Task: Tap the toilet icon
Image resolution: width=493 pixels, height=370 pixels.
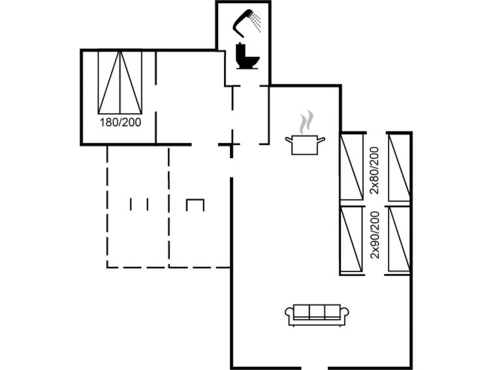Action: pyautogui.click(x=247, y=56)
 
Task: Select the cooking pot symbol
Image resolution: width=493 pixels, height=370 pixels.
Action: pyautogui.click(x=305, y=145)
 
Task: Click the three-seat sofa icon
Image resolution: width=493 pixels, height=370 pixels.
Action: pyautogui.click(x=317, y=315)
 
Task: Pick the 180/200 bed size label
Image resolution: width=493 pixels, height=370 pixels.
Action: pyautogui.click(x=120, y=122)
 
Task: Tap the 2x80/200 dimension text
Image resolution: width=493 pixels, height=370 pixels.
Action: pyautogui.click(x=374, y=171)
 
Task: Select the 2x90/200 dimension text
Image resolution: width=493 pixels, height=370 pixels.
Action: pyautogui.click(x=374, y=235)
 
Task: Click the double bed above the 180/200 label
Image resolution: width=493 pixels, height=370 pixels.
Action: pyautogui.click(x=119, y=82)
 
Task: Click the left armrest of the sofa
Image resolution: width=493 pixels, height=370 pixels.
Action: pyautogui.click(x=289, y=312)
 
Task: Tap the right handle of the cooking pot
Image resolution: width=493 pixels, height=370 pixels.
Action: pyautogui.click(x=321, y=139)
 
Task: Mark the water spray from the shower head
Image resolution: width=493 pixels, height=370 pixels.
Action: pyautogui.click(x=257, y=22)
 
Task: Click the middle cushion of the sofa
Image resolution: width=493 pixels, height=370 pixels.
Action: pyautogui.click(x=317, y=312)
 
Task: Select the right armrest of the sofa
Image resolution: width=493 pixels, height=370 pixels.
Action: pyautogui.click(x=345, y=312)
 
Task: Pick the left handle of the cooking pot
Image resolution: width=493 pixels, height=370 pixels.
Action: pyautogui.click(x=289, y=139)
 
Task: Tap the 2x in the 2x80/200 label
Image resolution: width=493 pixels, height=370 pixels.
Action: pyautogui.click(x=374, y=189)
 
